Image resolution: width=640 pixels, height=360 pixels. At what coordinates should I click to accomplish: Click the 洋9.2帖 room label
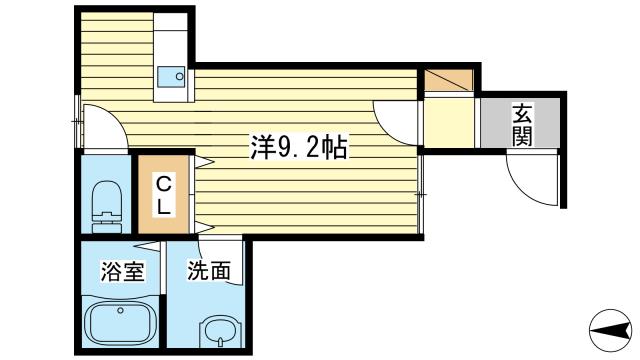tap(299, 148)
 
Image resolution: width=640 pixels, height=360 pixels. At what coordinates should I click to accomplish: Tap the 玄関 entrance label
tap(522, 125)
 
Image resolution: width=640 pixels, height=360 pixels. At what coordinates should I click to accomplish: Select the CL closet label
tap(164, 194)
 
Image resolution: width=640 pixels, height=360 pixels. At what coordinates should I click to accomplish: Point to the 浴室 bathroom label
tap(122, 271)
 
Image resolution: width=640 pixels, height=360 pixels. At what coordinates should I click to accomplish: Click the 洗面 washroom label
tap(209, 271)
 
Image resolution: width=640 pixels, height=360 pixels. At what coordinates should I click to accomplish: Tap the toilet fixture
tap(107, 207)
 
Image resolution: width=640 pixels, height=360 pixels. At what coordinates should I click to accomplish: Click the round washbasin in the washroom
tap(219, 332)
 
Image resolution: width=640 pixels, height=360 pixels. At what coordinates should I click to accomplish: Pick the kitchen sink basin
tap(171, 77)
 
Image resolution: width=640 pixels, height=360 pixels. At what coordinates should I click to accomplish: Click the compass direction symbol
tap(610, 330)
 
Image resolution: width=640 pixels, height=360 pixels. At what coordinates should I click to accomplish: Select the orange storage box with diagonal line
tap(449, 80)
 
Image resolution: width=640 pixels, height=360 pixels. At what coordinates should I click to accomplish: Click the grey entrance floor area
tap(520, 122)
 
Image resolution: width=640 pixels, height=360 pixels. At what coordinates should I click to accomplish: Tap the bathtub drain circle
tap(120, 311)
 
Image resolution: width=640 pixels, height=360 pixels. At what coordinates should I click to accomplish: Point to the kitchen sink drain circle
tap(179, 76)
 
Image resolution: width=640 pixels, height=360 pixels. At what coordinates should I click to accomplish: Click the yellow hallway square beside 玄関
tap(449, 123)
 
